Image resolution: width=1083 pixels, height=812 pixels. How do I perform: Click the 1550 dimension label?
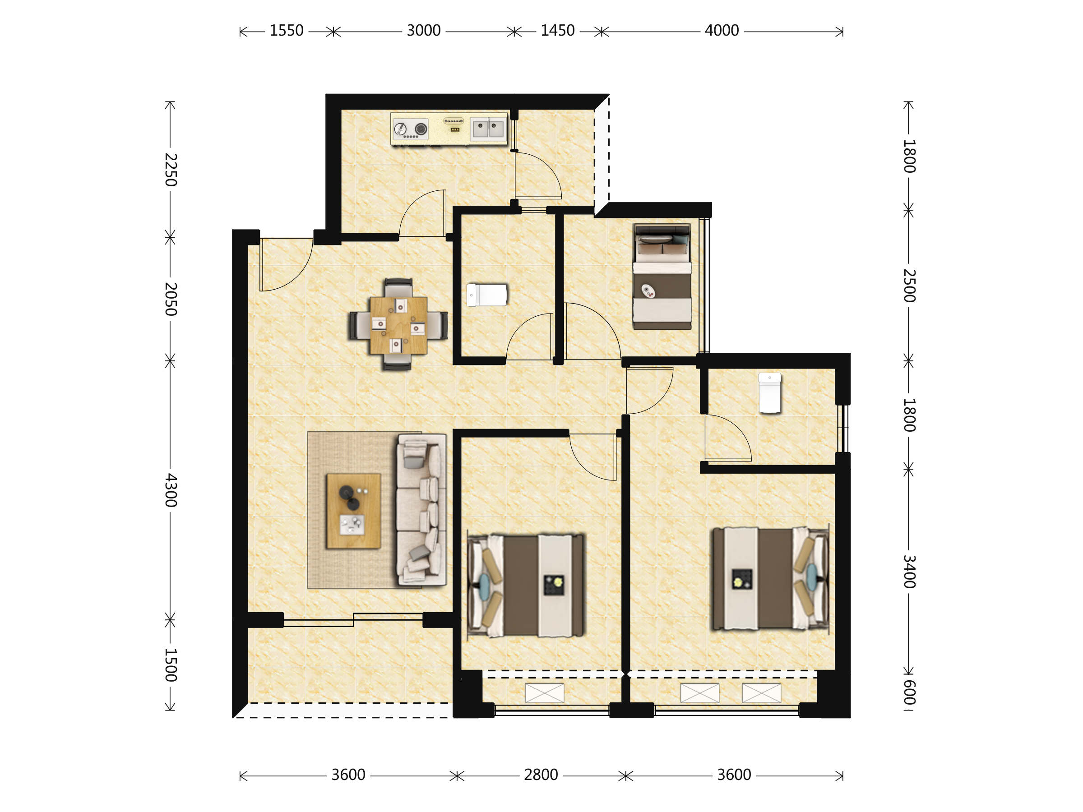click(287, 31)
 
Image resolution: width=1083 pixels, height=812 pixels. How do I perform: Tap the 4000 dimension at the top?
click(722, 31)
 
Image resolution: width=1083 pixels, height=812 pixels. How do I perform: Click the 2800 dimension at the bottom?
click(541, 775)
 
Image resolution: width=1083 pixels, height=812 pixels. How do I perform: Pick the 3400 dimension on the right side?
click(909, 571)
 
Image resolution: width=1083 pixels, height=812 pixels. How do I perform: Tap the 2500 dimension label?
click(909, 286)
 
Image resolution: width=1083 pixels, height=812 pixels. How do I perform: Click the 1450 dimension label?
click(558, 31)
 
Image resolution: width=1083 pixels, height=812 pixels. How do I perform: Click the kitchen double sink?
click(488, 129)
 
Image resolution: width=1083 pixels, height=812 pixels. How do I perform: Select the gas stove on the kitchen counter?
click(411, 129)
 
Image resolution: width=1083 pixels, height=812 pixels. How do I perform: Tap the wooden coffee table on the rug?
click(353, 511)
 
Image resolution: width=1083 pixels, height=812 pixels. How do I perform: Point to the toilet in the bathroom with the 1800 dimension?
click(770, 393)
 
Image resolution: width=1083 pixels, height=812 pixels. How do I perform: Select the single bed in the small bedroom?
click(662, 277)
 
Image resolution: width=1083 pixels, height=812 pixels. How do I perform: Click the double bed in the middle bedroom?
click(526, 586)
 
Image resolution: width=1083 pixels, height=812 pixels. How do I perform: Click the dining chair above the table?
click(398, 288)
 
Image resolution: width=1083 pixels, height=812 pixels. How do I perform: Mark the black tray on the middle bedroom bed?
click(554, 586)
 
